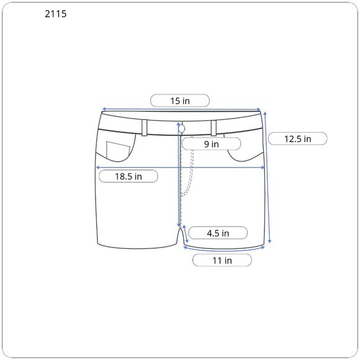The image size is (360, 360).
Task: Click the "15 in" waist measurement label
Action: [181, 101]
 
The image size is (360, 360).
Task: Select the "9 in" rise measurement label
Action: [211, 144]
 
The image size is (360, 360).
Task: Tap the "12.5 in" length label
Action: [298, 138]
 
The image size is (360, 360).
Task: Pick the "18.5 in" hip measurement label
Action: [128, 176]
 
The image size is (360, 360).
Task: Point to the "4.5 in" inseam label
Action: [218, 233]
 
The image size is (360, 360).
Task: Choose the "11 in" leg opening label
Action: [222, 261]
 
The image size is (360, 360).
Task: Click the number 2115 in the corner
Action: [56, 14]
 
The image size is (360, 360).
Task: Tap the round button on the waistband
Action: [182, 128]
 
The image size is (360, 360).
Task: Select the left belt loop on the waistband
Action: [144, 127]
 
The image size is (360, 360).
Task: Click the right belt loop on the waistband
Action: [213, 127]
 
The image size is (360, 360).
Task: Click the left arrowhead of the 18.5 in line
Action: [96, 168]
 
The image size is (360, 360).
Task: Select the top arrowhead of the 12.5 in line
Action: [266, 114]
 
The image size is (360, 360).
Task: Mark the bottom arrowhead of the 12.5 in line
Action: [271, 242]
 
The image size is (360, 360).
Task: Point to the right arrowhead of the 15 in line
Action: [261, 110]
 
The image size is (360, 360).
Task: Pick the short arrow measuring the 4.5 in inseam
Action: [184, 235]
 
